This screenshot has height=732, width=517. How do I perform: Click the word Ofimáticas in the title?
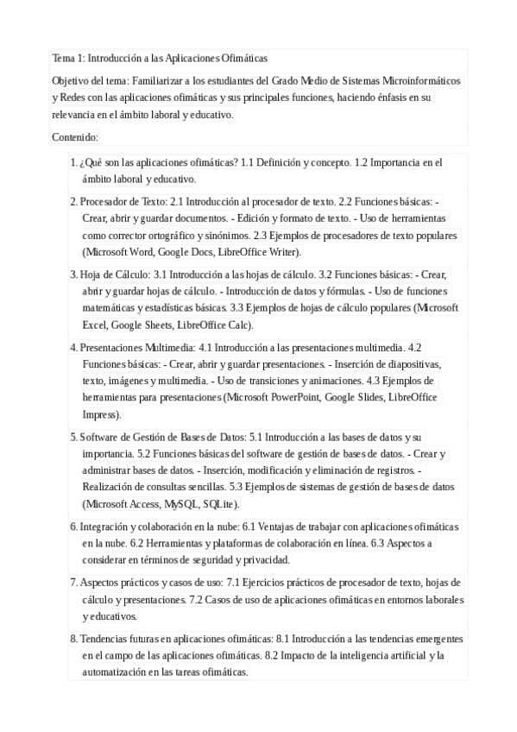pyautogui.click(x=243, y=58)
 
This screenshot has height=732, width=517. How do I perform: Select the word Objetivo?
pyautogui.click(x=70, y=81)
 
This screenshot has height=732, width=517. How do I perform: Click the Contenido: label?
pyautogui.click(x=76, y=137)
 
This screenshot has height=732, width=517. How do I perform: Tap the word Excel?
pyautogui.click(x=95, y=325)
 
